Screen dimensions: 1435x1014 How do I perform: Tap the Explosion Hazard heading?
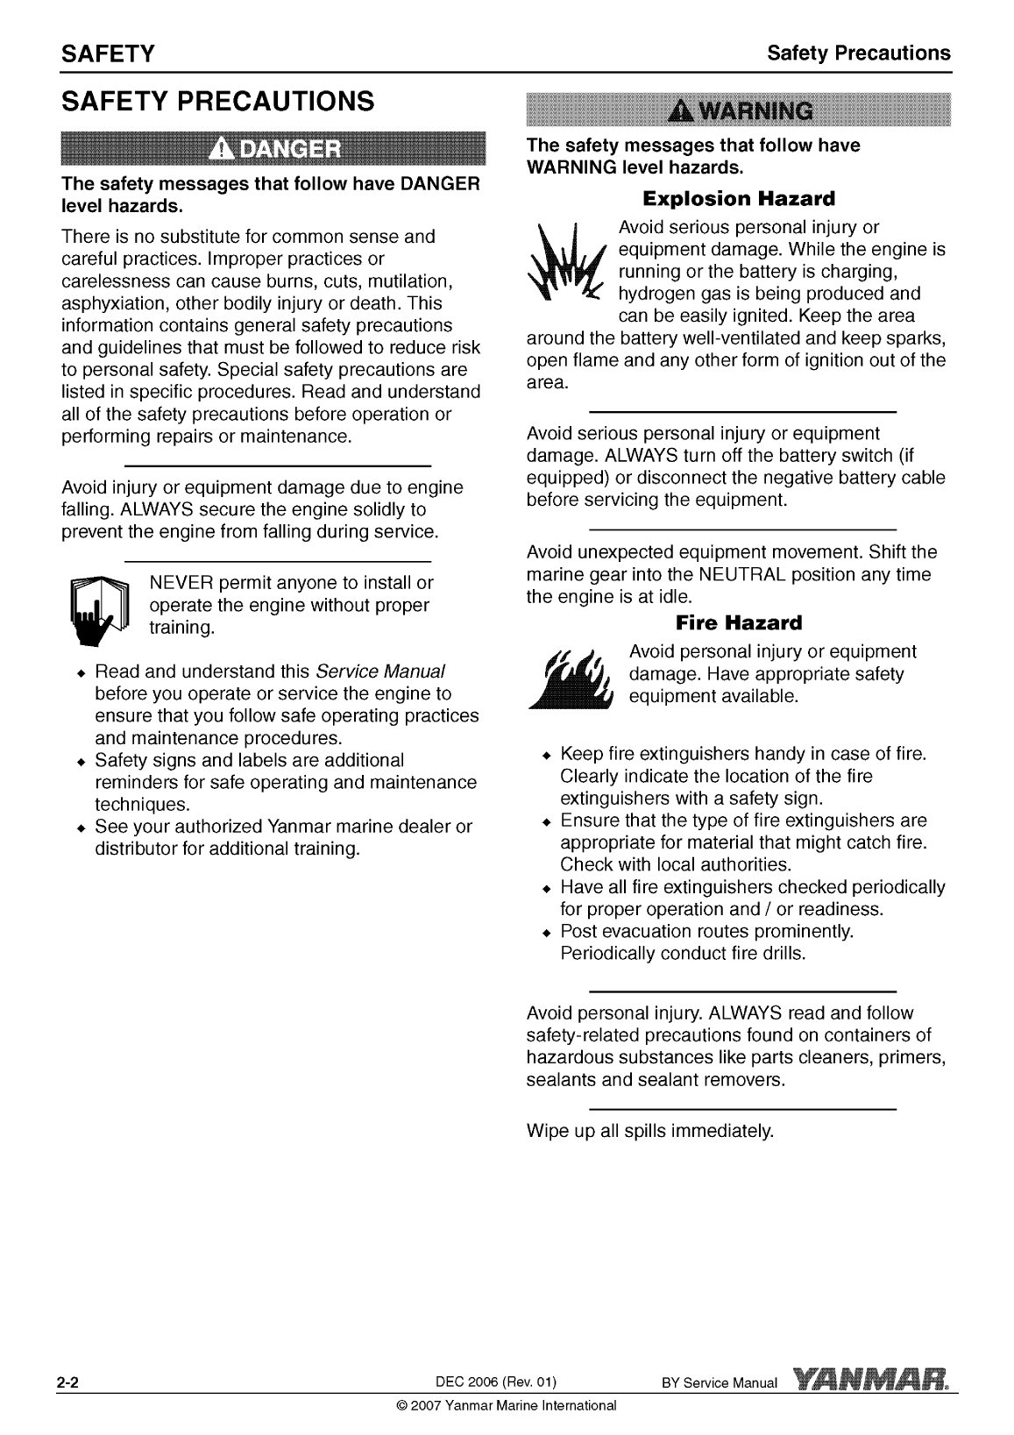click(739, 197)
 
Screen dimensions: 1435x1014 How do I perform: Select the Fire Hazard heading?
click(739, 623)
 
